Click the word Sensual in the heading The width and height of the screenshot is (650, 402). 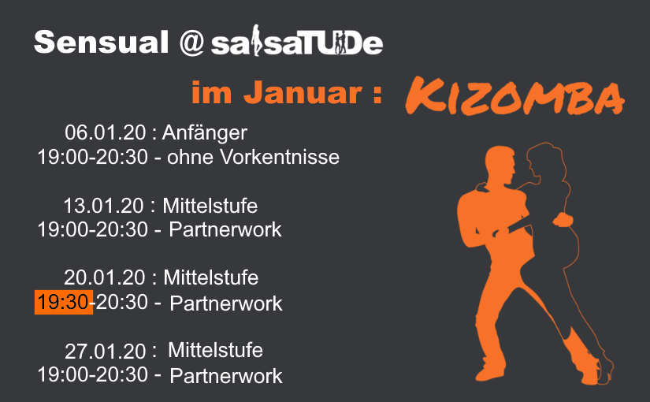tap(102, 42)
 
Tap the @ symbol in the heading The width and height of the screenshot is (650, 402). tap(191, 43)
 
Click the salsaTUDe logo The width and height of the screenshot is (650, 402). tap(297, 41)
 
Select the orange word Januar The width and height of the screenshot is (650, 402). tap(303, 92)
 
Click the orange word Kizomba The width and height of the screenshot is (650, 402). tap(514, 96)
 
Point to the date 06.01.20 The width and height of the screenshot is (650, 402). tap(106, 132)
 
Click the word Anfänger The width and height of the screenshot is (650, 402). tap(204, 132)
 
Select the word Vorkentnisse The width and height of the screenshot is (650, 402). tap(280, 157)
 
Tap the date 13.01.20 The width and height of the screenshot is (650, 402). tap(104, 206)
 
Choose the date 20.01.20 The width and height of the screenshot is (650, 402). tap(105, 277)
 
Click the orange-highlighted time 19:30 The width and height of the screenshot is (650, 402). tap(64, 302)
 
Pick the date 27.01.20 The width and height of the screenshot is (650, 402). tap(106, 352)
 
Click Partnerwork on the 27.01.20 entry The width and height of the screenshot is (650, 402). tap(226, 376)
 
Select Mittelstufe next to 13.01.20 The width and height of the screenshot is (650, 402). tap(210, 206)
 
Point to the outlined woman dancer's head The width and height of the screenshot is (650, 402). tap(544, 160)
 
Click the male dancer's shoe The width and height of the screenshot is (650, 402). tap(489, 373)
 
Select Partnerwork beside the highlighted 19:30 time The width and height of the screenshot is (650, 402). tap(226, 303)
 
